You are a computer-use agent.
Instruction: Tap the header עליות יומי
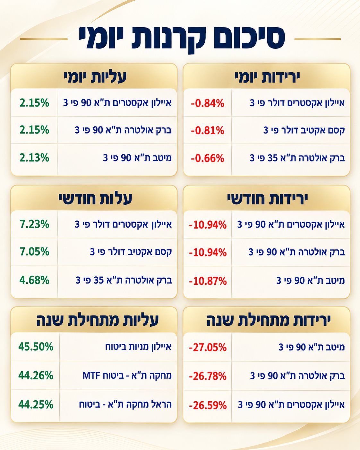point(95,78)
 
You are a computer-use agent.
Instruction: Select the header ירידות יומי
point(267,78)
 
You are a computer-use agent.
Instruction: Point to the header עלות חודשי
point(95,199)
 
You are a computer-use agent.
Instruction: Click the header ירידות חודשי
point(267,199)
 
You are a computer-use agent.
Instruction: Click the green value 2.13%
point(35,158)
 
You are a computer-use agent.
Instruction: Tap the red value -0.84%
point(208,103)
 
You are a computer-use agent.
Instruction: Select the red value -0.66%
point(208,158)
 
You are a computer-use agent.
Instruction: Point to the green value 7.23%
point(35,224)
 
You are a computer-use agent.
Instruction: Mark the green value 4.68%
point(35,280)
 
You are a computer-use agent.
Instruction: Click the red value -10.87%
point(208,281)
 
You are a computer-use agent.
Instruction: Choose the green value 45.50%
point(36,347)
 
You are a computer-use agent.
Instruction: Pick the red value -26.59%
point(208,405)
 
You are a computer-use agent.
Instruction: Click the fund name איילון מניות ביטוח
point(138,347)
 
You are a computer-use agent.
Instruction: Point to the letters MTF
point(91,376)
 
